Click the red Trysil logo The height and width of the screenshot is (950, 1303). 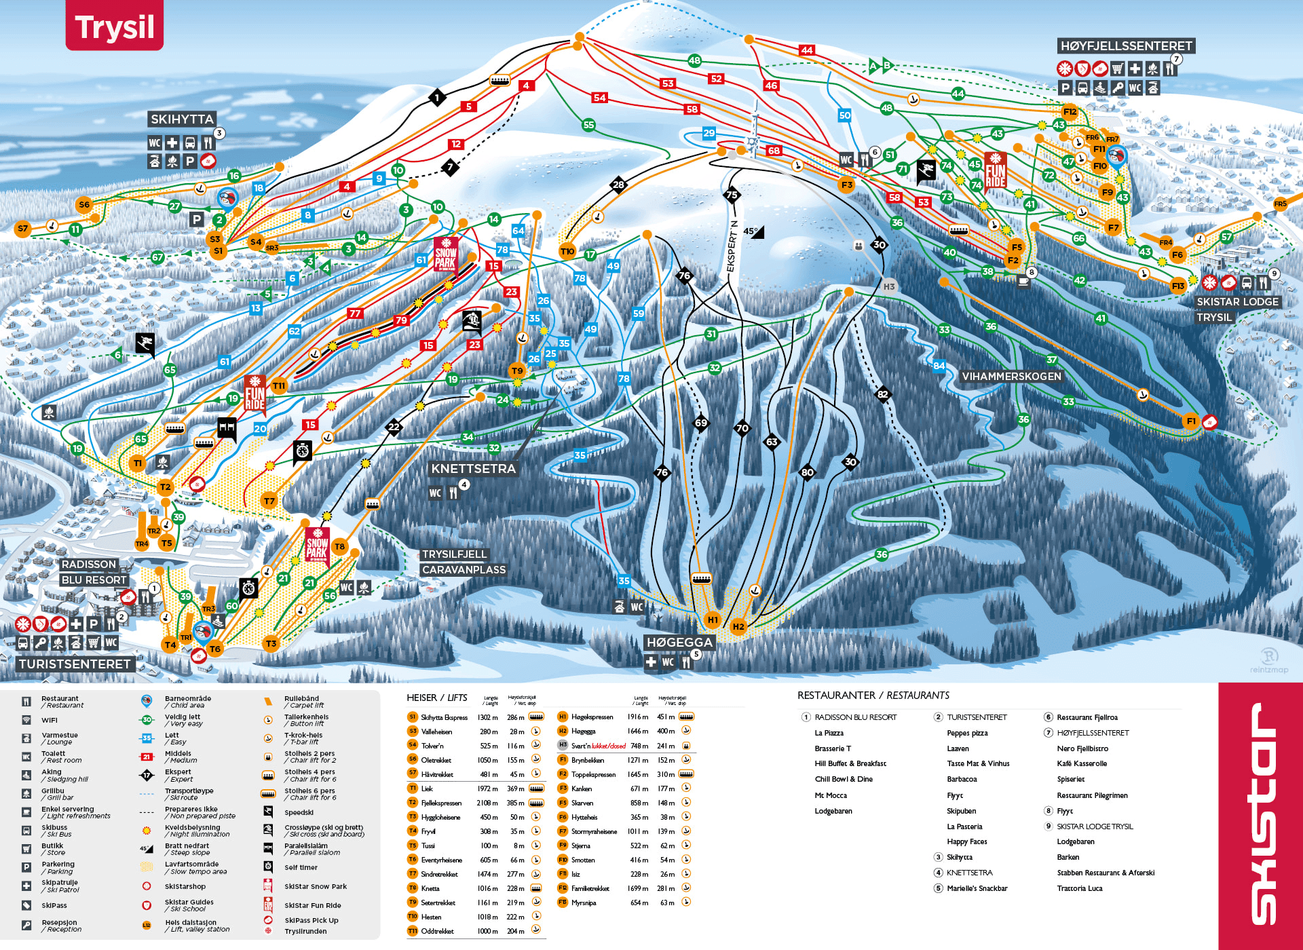[114, 26]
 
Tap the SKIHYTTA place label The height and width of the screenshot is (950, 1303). [182, 119]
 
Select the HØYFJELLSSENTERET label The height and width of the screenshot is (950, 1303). [1126, 46]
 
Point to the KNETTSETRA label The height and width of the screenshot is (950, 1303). [473, 469]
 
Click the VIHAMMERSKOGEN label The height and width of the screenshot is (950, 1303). [1011, 377]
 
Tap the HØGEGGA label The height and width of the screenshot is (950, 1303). [679, 643]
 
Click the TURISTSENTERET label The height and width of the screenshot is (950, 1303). [75, 664]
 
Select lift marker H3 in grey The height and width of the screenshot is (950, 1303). [889, 286]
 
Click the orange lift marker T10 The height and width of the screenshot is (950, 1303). [567, 251]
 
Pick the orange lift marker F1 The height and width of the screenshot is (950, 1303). [1191, 421]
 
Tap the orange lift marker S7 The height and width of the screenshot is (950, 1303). [23, 229]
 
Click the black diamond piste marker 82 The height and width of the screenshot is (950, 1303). [882, 394]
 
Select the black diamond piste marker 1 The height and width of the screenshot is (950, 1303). [437, 98]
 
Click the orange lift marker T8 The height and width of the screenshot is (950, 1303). [340, 546]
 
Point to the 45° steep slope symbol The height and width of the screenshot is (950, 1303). [753, 231]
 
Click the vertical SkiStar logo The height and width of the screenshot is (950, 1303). [1260, 814]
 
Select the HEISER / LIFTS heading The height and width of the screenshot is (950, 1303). [436, 698]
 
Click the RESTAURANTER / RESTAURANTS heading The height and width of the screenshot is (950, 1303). [873, 696]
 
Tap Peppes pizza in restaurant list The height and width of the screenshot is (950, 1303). [967, 733]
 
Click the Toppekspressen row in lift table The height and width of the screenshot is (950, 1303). [593, 774]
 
